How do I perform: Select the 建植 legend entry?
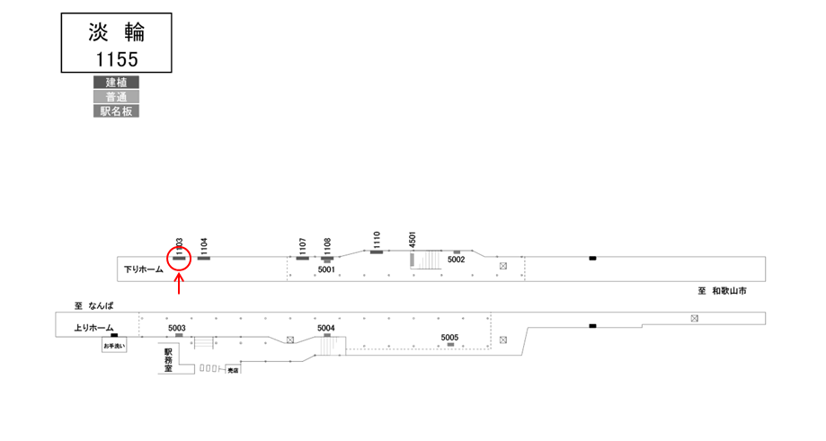point(116,83)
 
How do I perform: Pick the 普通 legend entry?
point(116,97)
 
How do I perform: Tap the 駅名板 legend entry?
point(116,111)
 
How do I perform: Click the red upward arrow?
point(179,284)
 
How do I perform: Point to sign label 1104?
point(204,245)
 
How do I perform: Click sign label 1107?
point(303,245)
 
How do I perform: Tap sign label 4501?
point(413,237)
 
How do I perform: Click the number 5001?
point(326,269)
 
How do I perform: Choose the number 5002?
point(456,260)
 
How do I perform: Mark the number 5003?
point(176,328)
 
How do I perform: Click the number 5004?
point(326,328)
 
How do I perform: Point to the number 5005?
point(449,337)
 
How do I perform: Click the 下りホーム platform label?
point(144,269)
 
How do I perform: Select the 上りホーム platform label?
point(94,328)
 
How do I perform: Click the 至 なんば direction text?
point(92,305)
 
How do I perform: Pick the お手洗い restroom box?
point(114,346)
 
